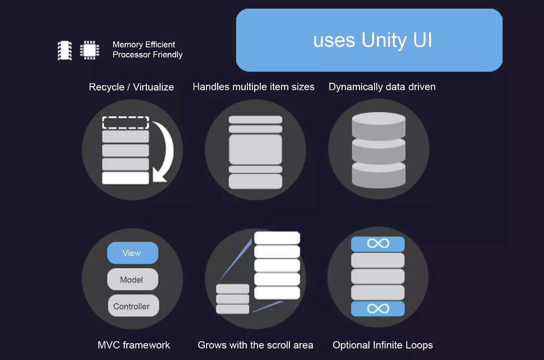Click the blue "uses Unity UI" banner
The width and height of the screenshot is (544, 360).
(x=369, y=40)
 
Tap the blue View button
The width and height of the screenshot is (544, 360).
(x=132, y=253)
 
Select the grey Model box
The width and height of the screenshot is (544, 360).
(x=132, y=279)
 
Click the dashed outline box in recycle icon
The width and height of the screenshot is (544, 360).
(x=126, y=122)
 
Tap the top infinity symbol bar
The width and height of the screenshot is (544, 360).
(x=378, y=244)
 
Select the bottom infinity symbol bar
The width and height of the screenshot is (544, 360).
(x=378, y=309)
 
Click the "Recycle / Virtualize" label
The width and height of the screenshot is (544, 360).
(x=131, y=87)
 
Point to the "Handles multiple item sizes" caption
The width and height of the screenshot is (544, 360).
(x=254, y=87)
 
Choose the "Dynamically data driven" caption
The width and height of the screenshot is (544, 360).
(x=382, y=87)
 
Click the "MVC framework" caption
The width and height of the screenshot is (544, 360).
(x=133, y=345)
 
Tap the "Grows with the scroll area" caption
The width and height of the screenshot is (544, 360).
(x=255, y=345)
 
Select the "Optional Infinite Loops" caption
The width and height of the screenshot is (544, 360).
(x=383, y=345)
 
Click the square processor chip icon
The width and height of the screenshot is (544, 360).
(x=90, y=50)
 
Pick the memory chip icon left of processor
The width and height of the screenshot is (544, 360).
(x=65, y=51)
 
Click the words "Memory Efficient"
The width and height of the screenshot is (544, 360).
(x=143, y=44)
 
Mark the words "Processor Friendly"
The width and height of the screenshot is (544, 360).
(x=147, y=55)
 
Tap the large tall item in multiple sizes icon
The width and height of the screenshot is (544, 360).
(x=255, y=150)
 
